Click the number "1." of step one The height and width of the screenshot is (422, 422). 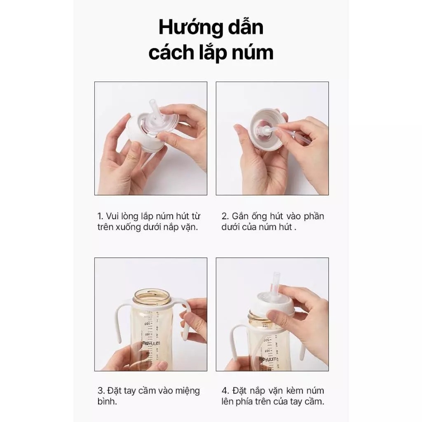pyautogui.click(x=101, y=216)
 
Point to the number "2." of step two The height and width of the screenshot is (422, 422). pyautogui.click(x=225, y=216)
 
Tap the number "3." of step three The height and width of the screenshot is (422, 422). pyautogui.click(x=101, y=391)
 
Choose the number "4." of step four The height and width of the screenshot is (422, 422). pyautogui.click(x=225, y=391)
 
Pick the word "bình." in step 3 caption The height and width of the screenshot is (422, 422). pyautogui.click(x=107, y=401)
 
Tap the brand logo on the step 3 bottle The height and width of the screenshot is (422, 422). pyautogui.click(x=151, y=343)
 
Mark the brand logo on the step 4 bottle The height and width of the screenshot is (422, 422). pyautogui.click(x=267, y=359)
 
